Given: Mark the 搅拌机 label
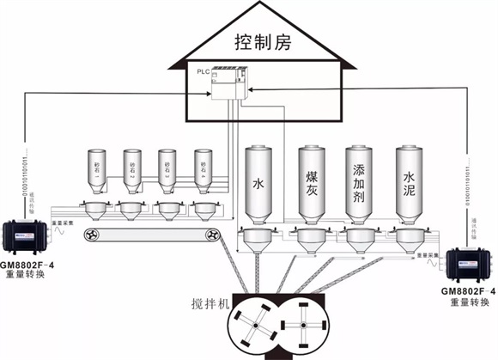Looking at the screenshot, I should pos(211,304).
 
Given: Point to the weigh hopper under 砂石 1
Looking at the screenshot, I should pos(95,210).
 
